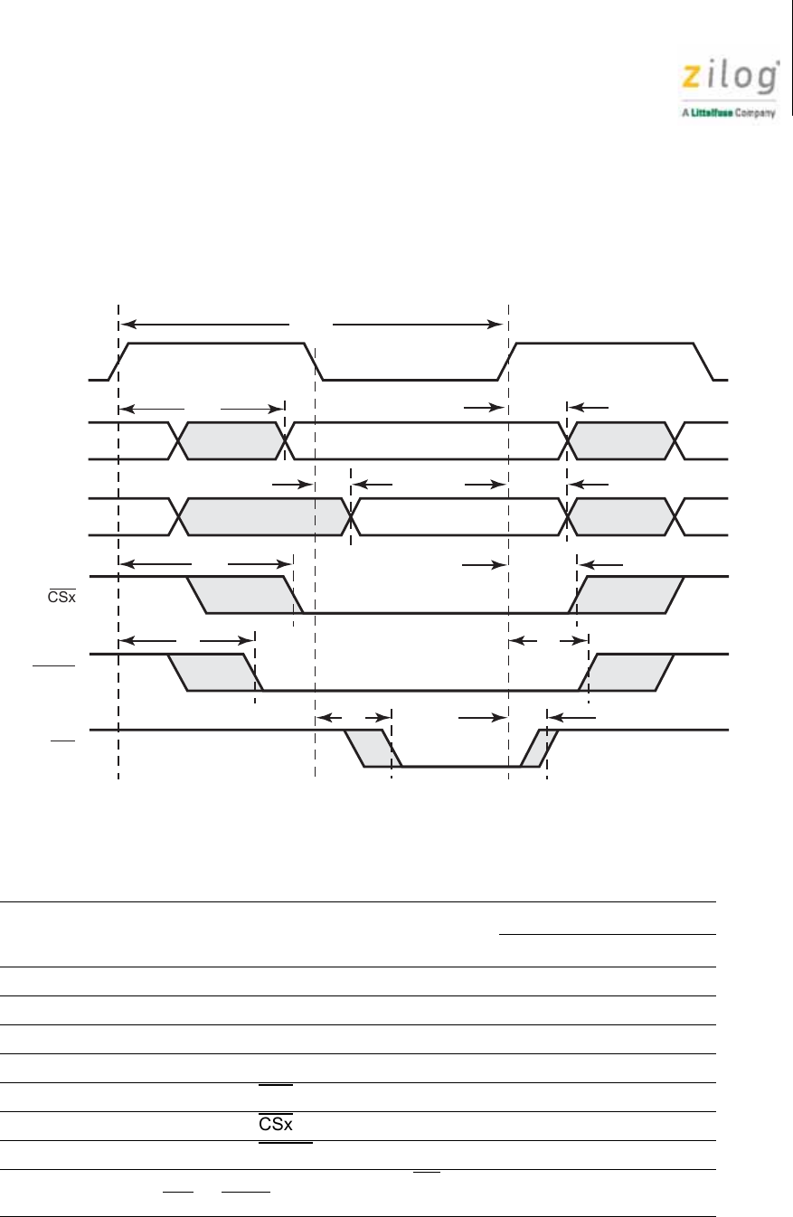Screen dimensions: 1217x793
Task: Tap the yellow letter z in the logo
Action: (x=691, y=79)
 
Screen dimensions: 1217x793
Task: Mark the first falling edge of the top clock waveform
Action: (x=315, y=362)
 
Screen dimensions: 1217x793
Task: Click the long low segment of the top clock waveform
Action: (x=411, y=380)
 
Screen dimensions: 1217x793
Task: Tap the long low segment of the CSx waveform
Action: (x=434, y=613)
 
